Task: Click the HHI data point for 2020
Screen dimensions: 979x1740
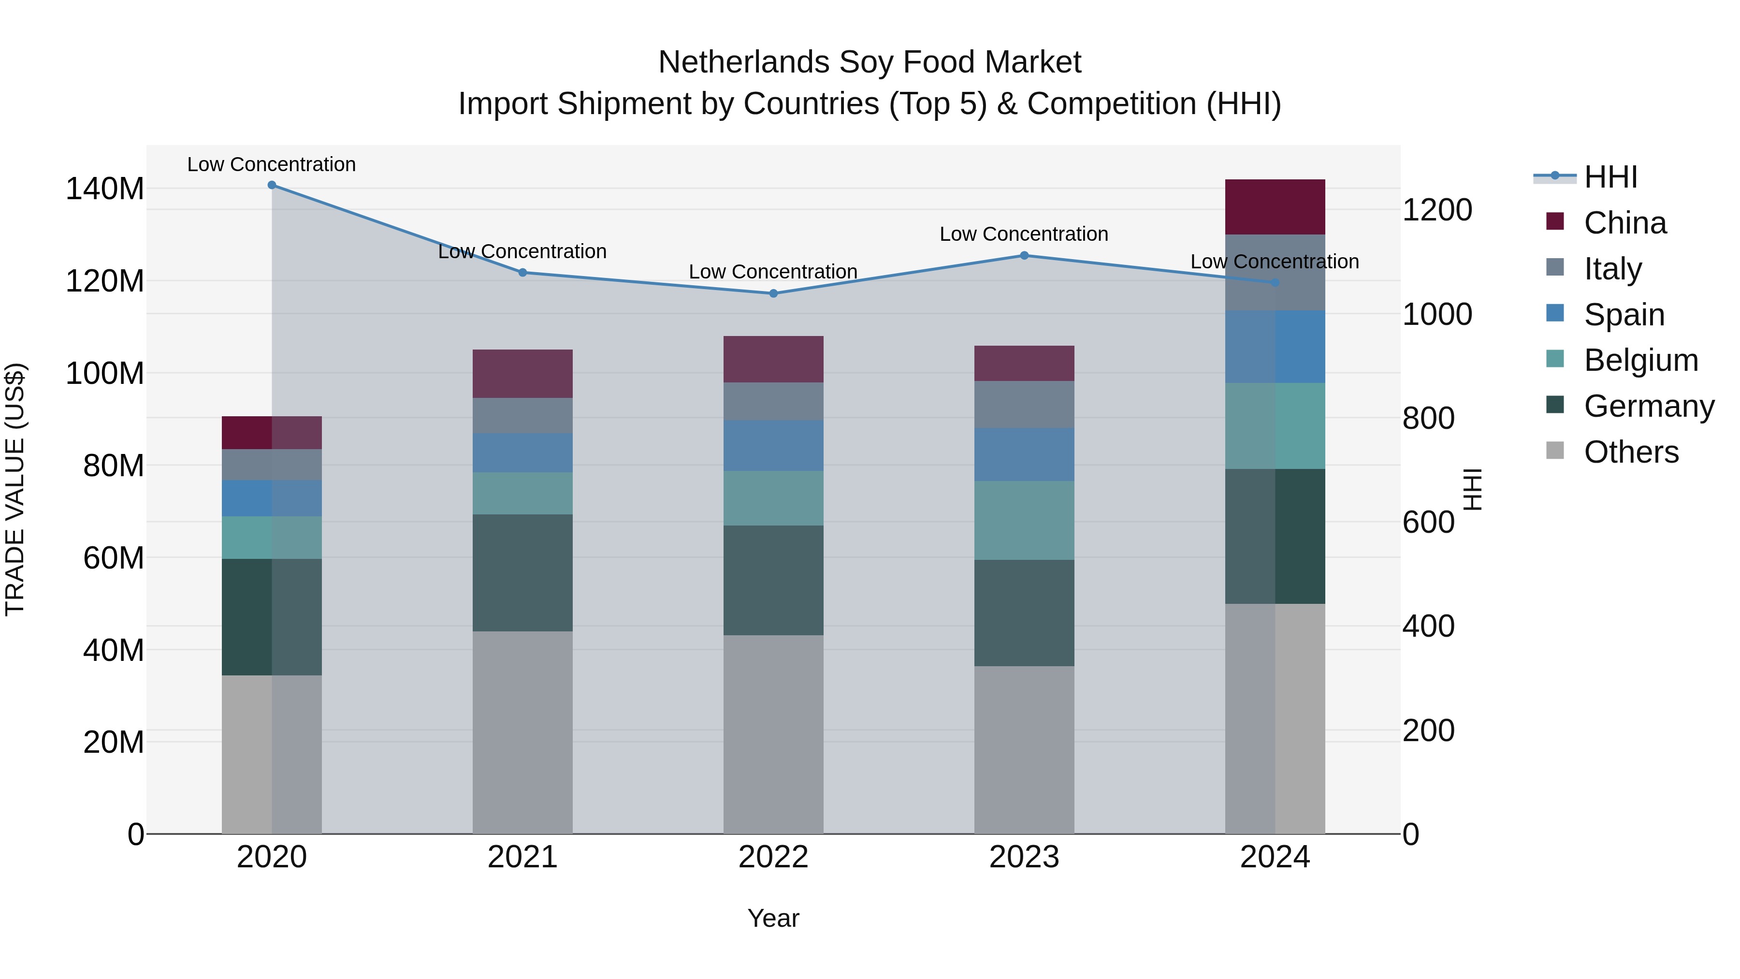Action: pos(272,185)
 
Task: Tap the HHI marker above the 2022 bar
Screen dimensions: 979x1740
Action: pos(773,293)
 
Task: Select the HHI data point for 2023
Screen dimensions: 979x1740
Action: pos(1024,255)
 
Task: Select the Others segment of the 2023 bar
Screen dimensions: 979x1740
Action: pos(1024,749)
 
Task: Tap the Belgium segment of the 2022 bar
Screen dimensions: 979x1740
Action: pos(773,498)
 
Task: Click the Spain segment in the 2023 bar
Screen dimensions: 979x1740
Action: pos(1024,454)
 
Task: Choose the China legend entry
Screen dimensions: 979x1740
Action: pos(1624,223)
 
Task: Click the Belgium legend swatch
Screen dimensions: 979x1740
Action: pos(1555,359)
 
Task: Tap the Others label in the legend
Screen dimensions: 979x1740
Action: pos(1631,452)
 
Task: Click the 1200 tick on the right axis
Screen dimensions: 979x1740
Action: pos(1437,210)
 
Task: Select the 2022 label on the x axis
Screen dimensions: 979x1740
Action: pos(773,857)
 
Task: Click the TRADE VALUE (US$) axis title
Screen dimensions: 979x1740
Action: pos(15,489)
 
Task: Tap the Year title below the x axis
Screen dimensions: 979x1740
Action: pos(773,918)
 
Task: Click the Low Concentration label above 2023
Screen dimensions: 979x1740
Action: pos(1024,234)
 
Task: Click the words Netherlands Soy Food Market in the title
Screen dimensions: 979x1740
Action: pos(870,62)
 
